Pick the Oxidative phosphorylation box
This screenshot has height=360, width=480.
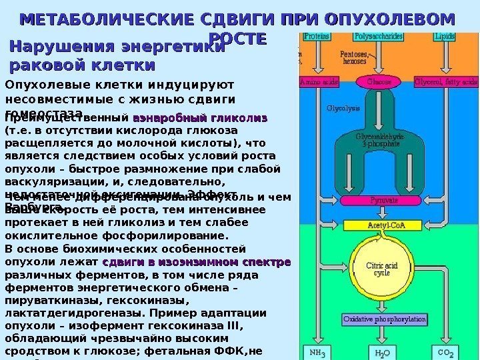click(385, 319)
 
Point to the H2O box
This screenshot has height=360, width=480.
click(383, 351)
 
